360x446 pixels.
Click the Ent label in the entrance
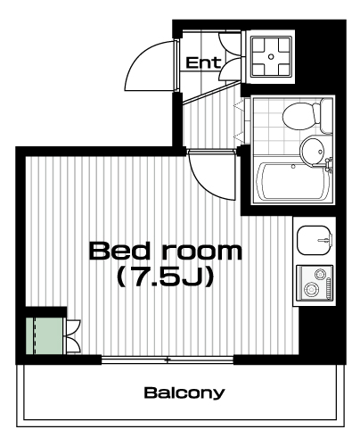tap(203, 62)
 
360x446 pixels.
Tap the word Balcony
tap(184, 392)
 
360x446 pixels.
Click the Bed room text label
tap(166, 252)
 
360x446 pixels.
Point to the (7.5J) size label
tap(166, 277)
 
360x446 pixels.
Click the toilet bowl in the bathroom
tap(301, 116)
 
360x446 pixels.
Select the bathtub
tap(293, 181)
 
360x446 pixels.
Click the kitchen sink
tap(315, 240)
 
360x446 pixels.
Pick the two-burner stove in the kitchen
tap(315, 284)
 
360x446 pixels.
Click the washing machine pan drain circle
tap(271, 56)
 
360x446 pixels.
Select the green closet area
tap(45, 336)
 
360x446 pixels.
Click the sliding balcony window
tap(168, 359)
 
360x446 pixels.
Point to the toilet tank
tap(326, 116)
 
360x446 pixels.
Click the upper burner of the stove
tap(320, 274)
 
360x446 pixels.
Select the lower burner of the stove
tap(310, 289)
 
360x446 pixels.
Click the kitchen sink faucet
tap(325, 239)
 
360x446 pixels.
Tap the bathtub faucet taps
tap(328, 164)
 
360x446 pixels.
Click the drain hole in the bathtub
tap(293, 167)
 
